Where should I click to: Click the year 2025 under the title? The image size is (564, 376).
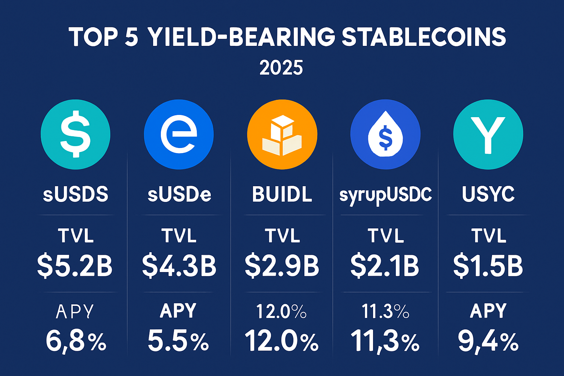[x=281, y=68]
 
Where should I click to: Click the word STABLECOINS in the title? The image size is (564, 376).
[x=424, y=37]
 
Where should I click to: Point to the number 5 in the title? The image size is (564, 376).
[x=131, y=37]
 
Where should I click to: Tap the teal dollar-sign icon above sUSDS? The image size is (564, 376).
[x=75, y=134]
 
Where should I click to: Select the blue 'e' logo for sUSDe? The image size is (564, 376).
[x=179, y=134]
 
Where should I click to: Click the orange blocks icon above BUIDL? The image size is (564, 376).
[x=282, y=134]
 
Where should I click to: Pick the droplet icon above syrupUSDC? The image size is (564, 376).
[x=385, y=134]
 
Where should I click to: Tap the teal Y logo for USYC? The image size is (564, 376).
[x=488, y=134]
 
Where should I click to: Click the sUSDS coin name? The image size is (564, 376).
[x=76, y=194]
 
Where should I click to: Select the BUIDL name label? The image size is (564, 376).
[x=282, y=194]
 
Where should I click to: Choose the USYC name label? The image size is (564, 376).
[x=488, y=194]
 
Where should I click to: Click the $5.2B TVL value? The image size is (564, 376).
[x=75, y=266]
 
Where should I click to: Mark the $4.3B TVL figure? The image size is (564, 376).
[x=179, y=266]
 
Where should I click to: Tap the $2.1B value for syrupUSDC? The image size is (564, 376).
[x=385, y=266]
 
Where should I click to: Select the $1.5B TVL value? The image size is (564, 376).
[x=488, y=266]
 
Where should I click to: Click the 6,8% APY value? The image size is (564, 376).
[x=76, y=341]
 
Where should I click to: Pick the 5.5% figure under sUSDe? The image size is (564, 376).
[x=178, y=341]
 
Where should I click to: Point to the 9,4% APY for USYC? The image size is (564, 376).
[x=488, y=341]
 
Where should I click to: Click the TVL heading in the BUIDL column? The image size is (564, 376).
[x=282, y=236]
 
